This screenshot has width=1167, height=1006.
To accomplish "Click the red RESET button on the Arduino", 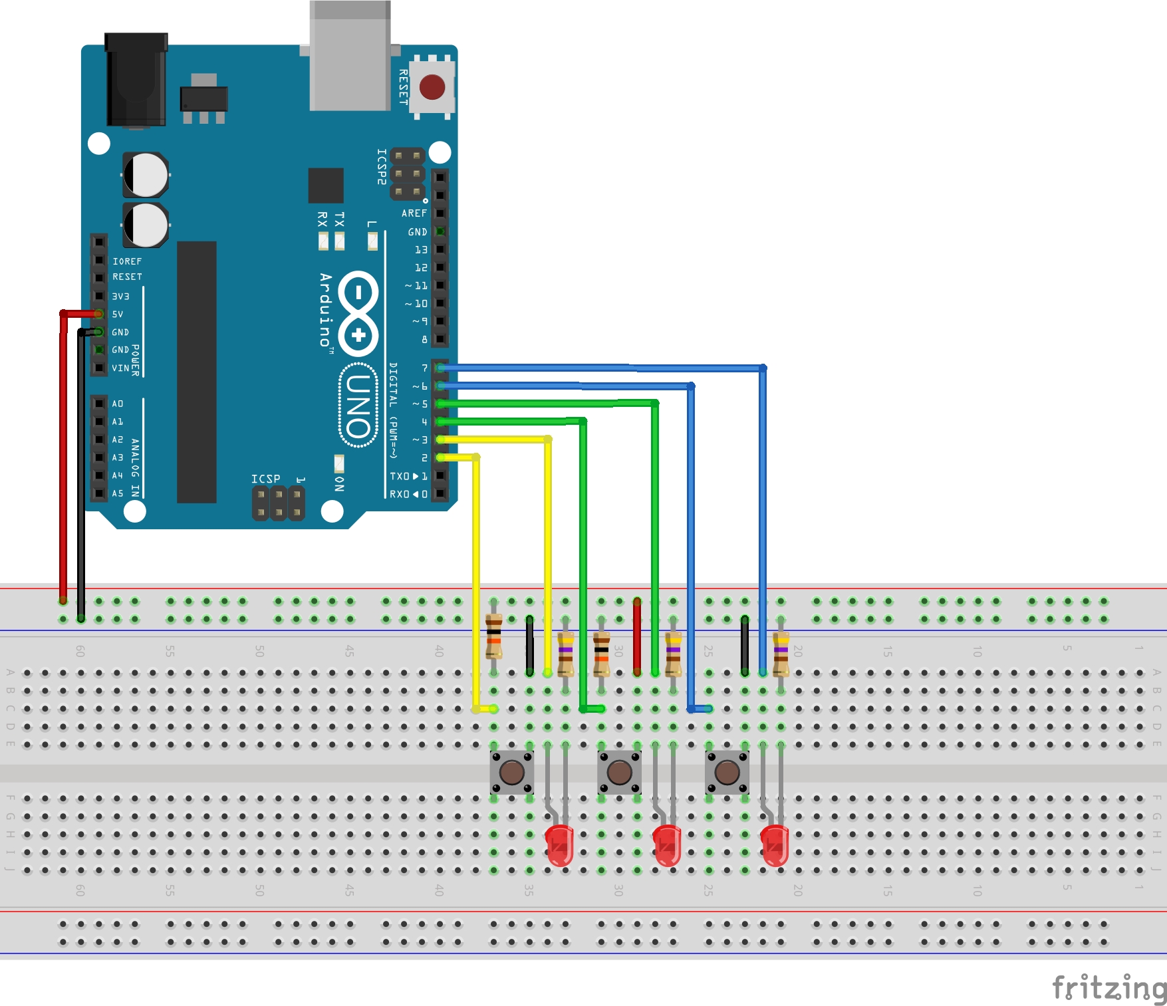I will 432,87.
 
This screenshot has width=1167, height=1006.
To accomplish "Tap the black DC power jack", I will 136,80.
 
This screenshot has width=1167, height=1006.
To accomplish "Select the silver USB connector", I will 350,57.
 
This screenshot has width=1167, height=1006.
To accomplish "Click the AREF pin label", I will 414,213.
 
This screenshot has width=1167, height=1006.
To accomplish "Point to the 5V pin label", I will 118,314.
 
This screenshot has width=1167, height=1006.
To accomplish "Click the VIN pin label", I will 120,368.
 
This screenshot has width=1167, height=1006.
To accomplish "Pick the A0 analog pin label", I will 118,404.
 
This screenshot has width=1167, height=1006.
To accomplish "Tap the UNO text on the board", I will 358,405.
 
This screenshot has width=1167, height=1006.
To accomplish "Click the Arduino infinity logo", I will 358,313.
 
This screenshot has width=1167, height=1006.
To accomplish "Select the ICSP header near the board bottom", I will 279,503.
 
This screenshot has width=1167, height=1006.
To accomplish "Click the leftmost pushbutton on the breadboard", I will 511,772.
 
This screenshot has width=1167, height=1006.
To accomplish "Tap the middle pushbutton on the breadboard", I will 619,772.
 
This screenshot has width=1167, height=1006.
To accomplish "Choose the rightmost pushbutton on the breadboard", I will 727,772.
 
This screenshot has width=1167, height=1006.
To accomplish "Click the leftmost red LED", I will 560,846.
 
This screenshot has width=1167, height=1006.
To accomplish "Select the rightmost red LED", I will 775,846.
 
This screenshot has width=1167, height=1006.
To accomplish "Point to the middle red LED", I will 667,846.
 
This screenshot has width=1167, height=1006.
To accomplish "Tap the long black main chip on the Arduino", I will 197,372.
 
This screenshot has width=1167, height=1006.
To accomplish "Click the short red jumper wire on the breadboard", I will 637,636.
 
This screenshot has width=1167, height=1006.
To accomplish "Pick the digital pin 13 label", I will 421,250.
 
